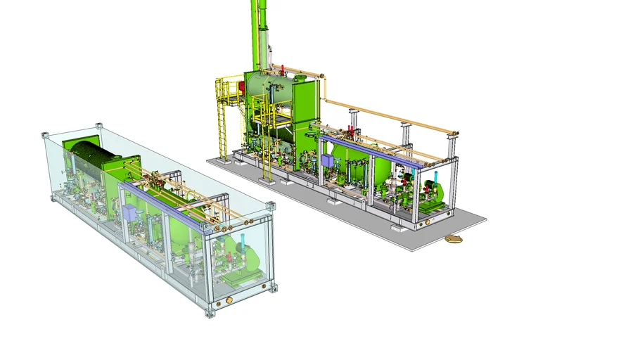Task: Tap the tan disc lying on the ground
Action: point(454,240)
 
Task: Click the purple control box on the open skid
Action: point(327,160)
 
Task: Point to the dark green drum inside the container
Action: point(89,159)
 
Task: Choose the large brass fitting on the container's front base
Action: point(227,304)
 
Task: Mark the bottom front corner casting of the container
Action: point(208,312)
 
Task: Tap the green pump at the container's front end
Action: point(239,267)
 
